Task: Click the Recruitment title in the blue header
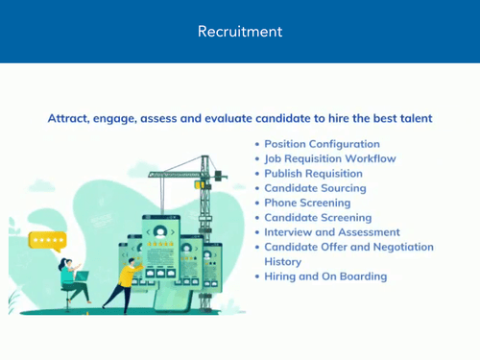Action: point(240,32)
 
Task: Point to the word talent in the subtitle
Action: point(413,118)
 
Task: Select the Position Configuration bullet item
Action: point(322,144)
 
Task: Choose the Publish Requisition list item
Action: point(313,174)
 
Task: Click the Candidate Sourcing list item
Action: point(313,188)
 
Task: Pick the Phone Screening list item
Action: point(307,203)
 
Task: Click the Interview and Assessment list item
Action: point(332,232)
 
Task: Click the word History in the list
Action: point(282,261)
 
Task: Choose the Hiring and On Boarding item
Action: point(325,276)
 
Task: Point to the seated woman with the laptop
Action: point(69,278)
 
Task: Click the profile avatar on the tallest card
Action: point(159,230)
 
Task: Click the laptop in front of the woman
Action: point(83,276)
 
